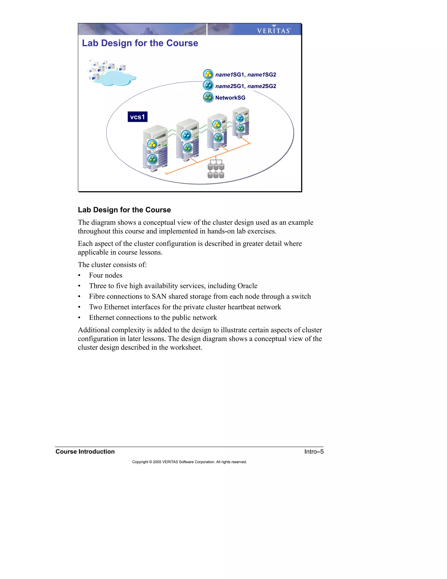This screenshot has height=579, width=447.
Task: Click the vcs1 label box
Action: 138,117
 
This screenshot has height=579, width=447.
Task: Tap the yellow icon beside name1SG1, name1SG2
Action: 208,75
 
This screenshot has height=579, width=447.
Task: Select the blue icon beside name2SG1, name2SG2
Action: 208,86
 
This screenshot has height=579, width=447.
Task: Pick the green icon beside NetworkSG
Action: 208,97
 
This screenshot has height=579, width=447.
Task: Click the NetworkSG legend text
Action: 230,98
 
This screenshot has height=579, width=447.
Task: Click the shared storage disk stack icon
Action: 216,170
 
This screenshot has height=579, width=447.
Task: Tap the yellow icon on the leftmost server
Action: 152,144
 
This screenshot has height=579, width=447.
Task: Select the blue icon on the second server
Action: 186,135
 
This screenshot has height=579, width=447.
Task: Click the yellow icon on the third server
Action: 217,124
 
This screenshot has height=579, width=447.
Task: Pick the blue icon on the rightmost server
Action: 240,118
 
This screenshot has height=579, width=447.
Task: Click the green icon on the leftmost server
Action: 153,159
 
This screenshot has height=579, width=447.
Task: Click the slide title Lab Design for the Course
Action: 140,43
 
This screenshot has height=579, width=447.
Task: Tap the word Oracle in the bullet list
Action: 247,286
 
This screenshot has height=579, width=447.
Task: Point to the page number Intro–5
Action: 314,451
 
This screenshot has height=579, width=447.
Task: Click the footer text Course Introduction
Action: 85,451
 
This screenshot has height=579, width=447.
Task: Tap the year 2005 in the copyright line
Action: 157,462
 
